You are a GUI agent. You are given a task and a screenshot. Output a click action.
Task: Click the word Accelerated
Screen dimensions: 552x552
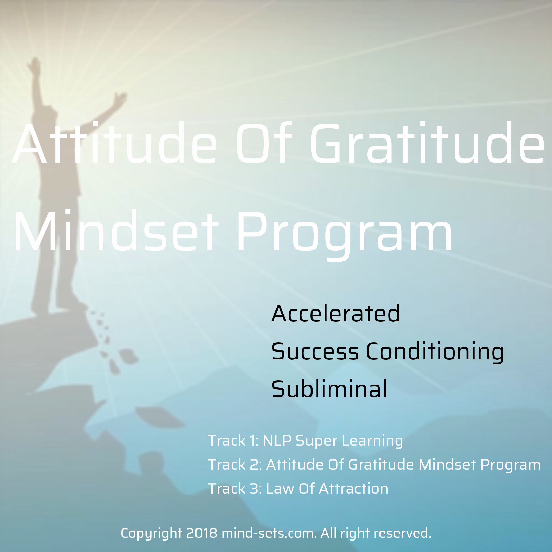(x=336, y=313)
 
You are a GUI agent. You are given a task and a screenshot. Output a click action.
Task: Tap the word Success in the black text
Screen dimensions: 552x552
(x=315, y=351)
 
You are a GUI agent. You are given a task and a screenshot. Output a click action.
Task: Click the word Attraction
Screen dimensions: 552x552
(x=354, y=489)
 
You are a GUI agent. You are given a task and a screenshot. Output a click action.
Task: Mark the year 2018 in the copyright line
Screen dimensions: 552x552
(x=202, y=533)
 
